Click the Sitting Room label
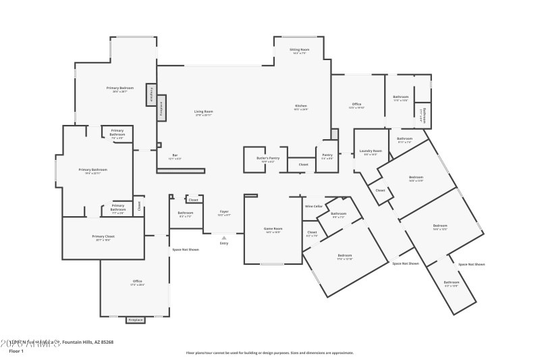[x=300, y=49]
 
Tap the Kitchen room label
[x=300, y=106]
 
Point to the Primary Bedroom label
[x=120, y=88]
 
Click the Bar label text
[x=175, y=155]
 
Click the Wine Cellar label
[x=313, y=206]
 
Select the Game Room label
[x=273, y=229]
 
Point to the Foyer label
[x=224, y=211]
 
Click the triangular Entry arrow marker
[x=224, y=237]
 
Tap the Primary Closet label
[x=103, y=236]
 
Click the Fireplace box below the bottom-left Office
[x=136, y=319]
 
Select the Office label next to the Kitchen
[x=356, y=104]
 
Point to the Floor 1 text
[x=16, y=351]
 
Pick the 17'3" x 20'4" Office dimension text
[x=137, y=285]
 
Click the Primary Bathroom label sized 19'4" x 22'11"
[x=93, y=170]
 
